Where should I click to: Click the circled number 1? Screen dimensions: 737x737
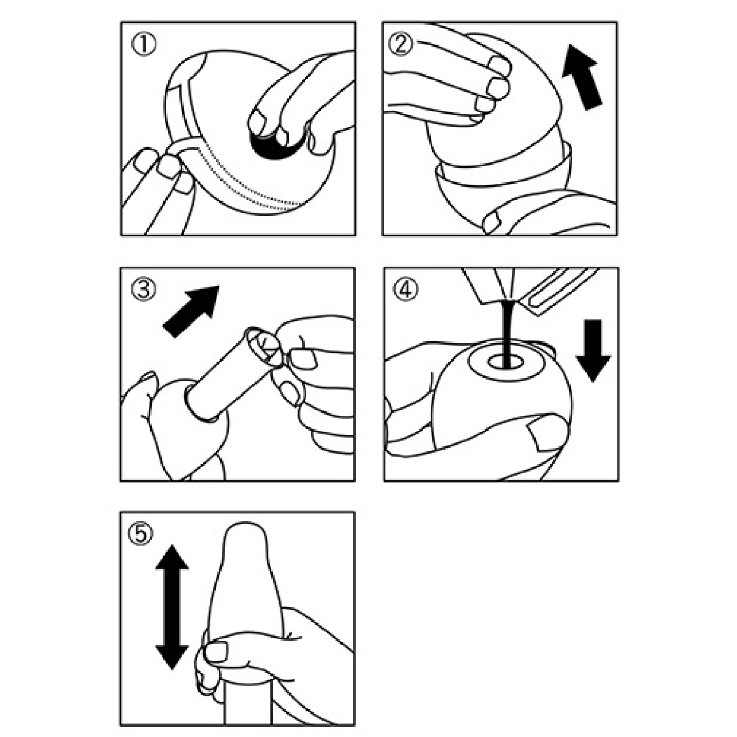(144, 45)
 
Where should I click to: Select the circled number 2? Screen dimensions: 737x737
(400, 45)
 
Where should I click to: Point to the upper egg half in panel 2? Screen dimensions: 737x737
(497, 107)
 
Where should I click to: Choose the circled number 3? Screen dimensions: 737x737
(144, 289)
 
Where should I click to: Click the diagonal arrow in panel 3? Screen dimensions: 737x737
(191, 312)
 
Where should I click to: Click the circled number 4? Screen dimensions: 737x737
(405, 289)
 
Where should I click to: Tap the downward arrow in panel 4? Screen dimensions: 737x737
(593, 351)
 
